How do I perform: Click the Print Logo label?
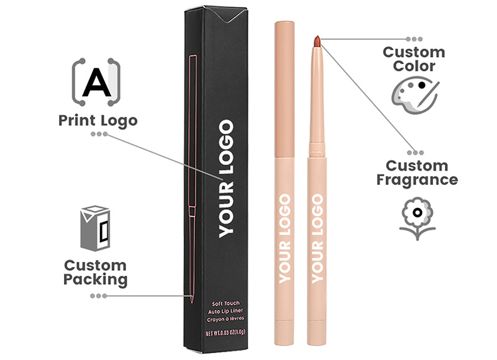point(98,121)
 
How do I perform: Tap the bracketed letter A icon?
point(96,82)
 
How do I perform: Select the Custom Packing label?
point(95,273)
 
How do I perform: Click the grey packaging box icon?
point(95,228)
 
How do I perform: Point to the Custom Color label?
point(414,59)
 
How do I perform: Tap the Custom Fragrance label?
point(417,174)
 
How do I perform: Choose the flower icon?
point(417,218)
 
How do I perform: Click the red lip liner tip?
point(317,41)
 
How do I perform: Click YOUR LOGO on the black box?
point(226,179)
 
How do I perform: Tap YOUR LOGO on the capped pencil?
point(285,239)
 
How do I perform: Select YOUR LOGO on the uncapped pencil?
point(317,239)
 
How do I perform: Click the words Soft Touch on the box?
point(226,304)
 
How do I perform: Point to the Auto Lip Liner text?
point(226,312)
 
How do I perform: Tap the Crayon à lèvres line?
point(226,319)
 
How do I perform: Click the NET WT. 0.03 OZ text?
point(226,333)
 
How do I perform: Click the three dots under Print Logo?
point(99,134)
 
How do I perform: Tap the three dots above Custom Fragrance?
point(415,153)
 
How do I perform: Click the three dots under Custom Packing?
point(99,296)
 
